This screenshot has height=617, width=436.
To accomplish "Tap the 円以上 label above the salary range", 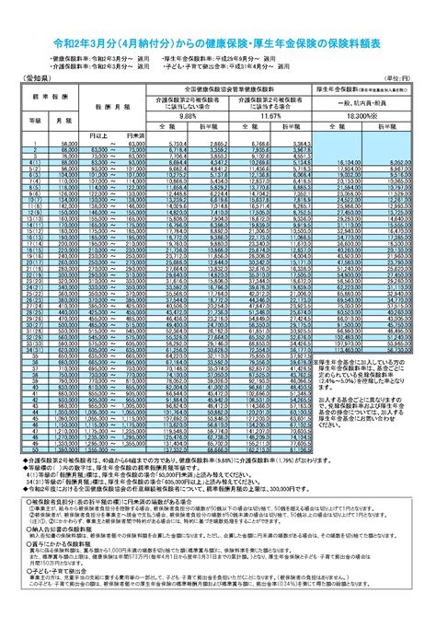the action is [98, 134].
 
